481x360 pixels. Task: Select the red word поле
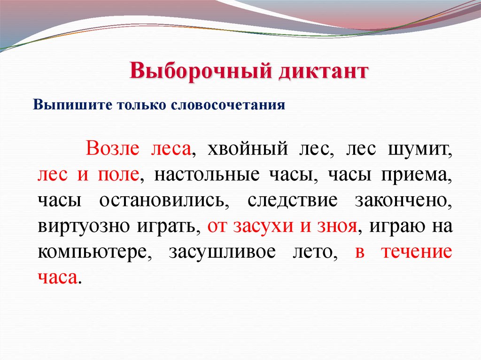[117, 175]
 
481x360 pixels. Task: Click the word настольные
[202, 175]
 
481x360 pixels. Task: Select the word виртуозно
[80, 227]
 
